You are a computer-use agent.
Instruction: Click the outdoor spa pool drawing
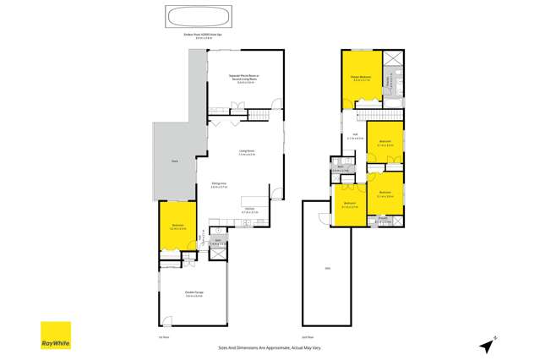190,18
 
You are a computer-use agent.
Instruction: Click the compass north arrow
488,343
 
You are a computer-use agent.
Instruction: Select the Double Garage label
194,292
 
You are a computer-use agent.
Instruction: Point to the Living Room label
247,150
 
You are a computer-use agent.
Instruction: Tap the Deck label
174,160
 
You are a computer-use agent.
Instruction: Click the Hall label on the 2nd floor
356,134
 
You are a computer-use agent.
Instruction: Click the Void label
326,270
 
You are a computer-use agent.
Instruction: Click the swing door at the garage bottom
168,322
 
